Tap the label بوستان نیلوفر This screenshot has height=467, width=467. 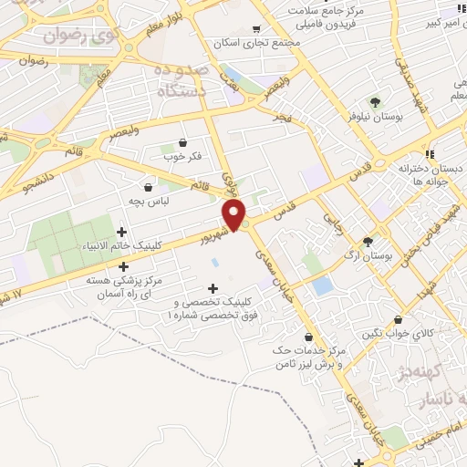tap(373, 118)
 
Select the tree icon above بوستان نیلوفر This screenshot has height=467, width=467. tap(374, 101)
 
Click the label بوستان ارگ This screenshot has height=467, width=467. tap(368, 257)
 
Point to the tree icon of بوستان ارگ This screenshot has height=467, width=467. tap(368, 243)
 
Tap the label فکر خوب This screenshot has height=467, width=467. tap(182, 157)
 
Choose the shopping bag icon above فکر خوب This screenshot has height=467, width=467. tap(183, 142)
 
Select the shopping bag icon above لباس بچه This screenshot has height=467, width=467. tap(148, 184)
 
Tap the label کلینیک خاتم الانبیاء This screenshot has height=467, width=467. tap(121, 246)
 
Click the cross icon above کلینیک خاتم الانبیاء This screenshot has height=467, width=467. tap(122, 232)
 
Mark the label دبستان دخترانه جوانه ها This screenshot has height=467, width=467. tap(424, 175)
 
